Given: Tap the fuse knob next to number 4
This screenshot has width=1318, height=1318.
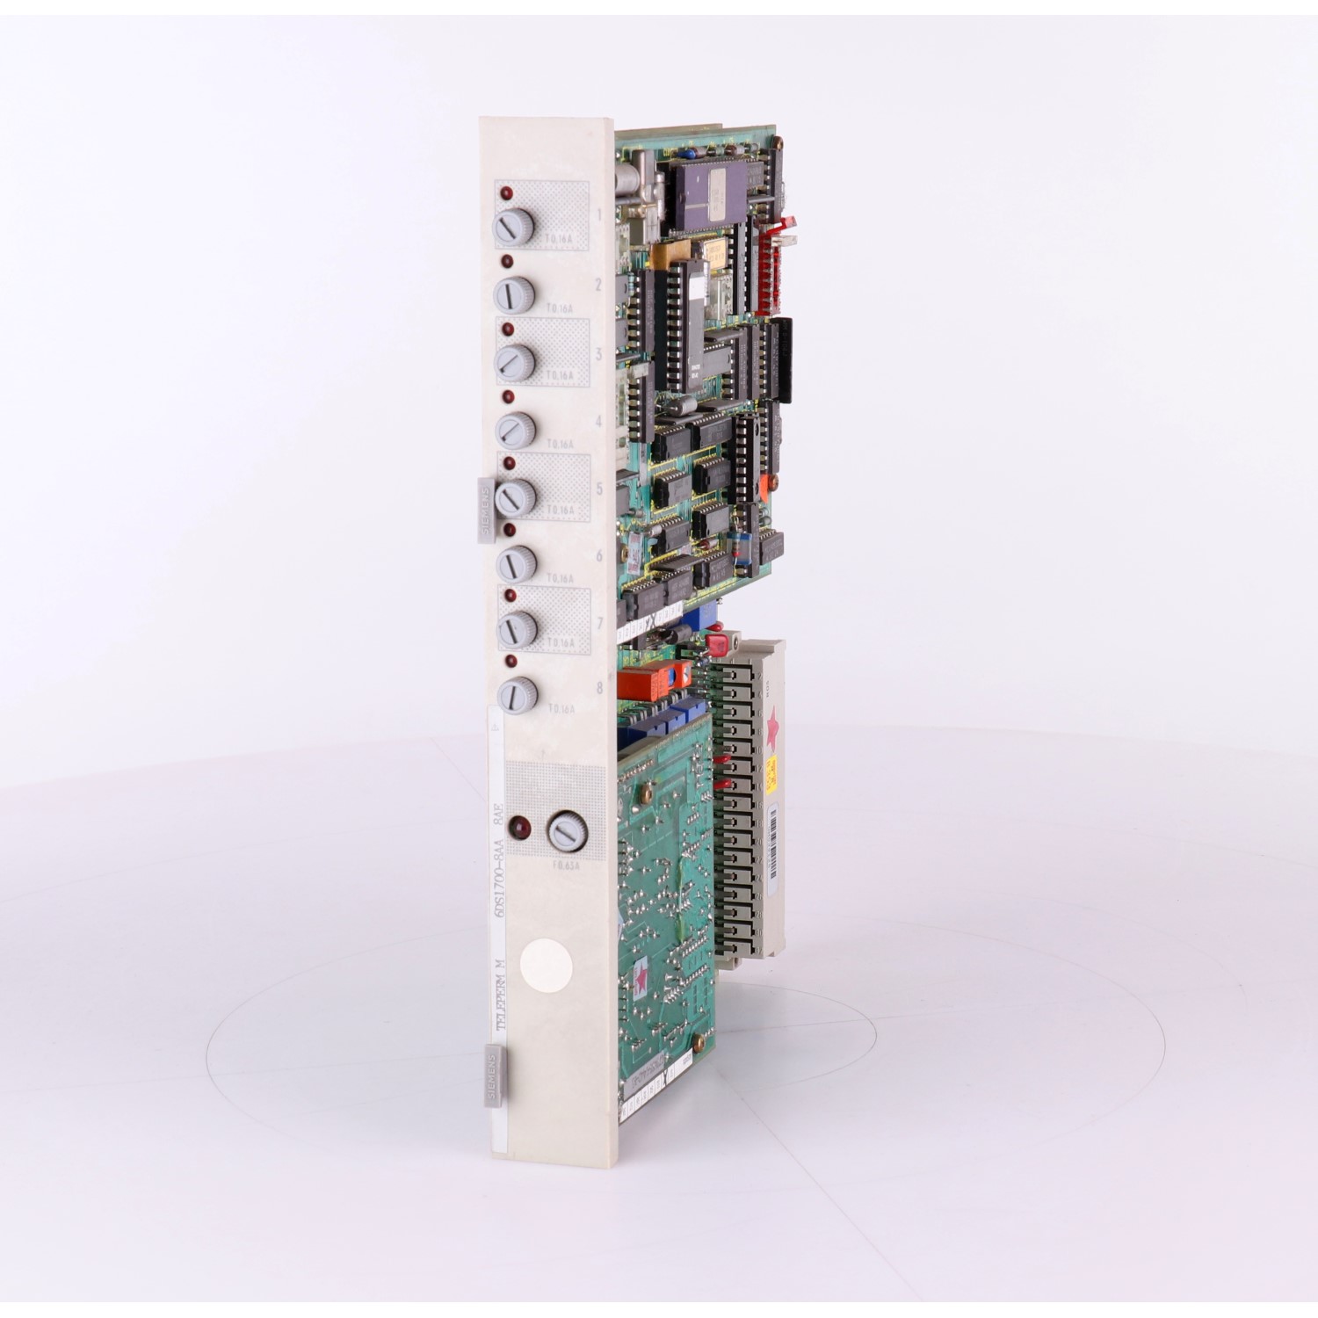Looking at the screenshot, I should (515, 430).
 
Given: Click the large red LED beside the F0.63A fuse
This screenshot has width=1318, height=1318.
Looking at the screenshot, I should (523, 828).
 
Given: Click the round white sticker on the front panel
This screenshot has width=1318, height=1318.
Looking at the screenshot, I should (546, 967).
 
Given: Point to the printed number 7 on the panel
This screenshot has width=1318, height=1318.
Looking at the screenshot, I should (600, 623).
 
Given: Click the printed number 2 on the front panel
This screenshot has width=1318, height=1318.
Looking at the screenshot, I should (598, 286).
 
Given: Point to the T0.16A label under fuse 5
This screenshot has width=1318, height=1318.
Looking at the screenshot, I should (560, 510).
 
